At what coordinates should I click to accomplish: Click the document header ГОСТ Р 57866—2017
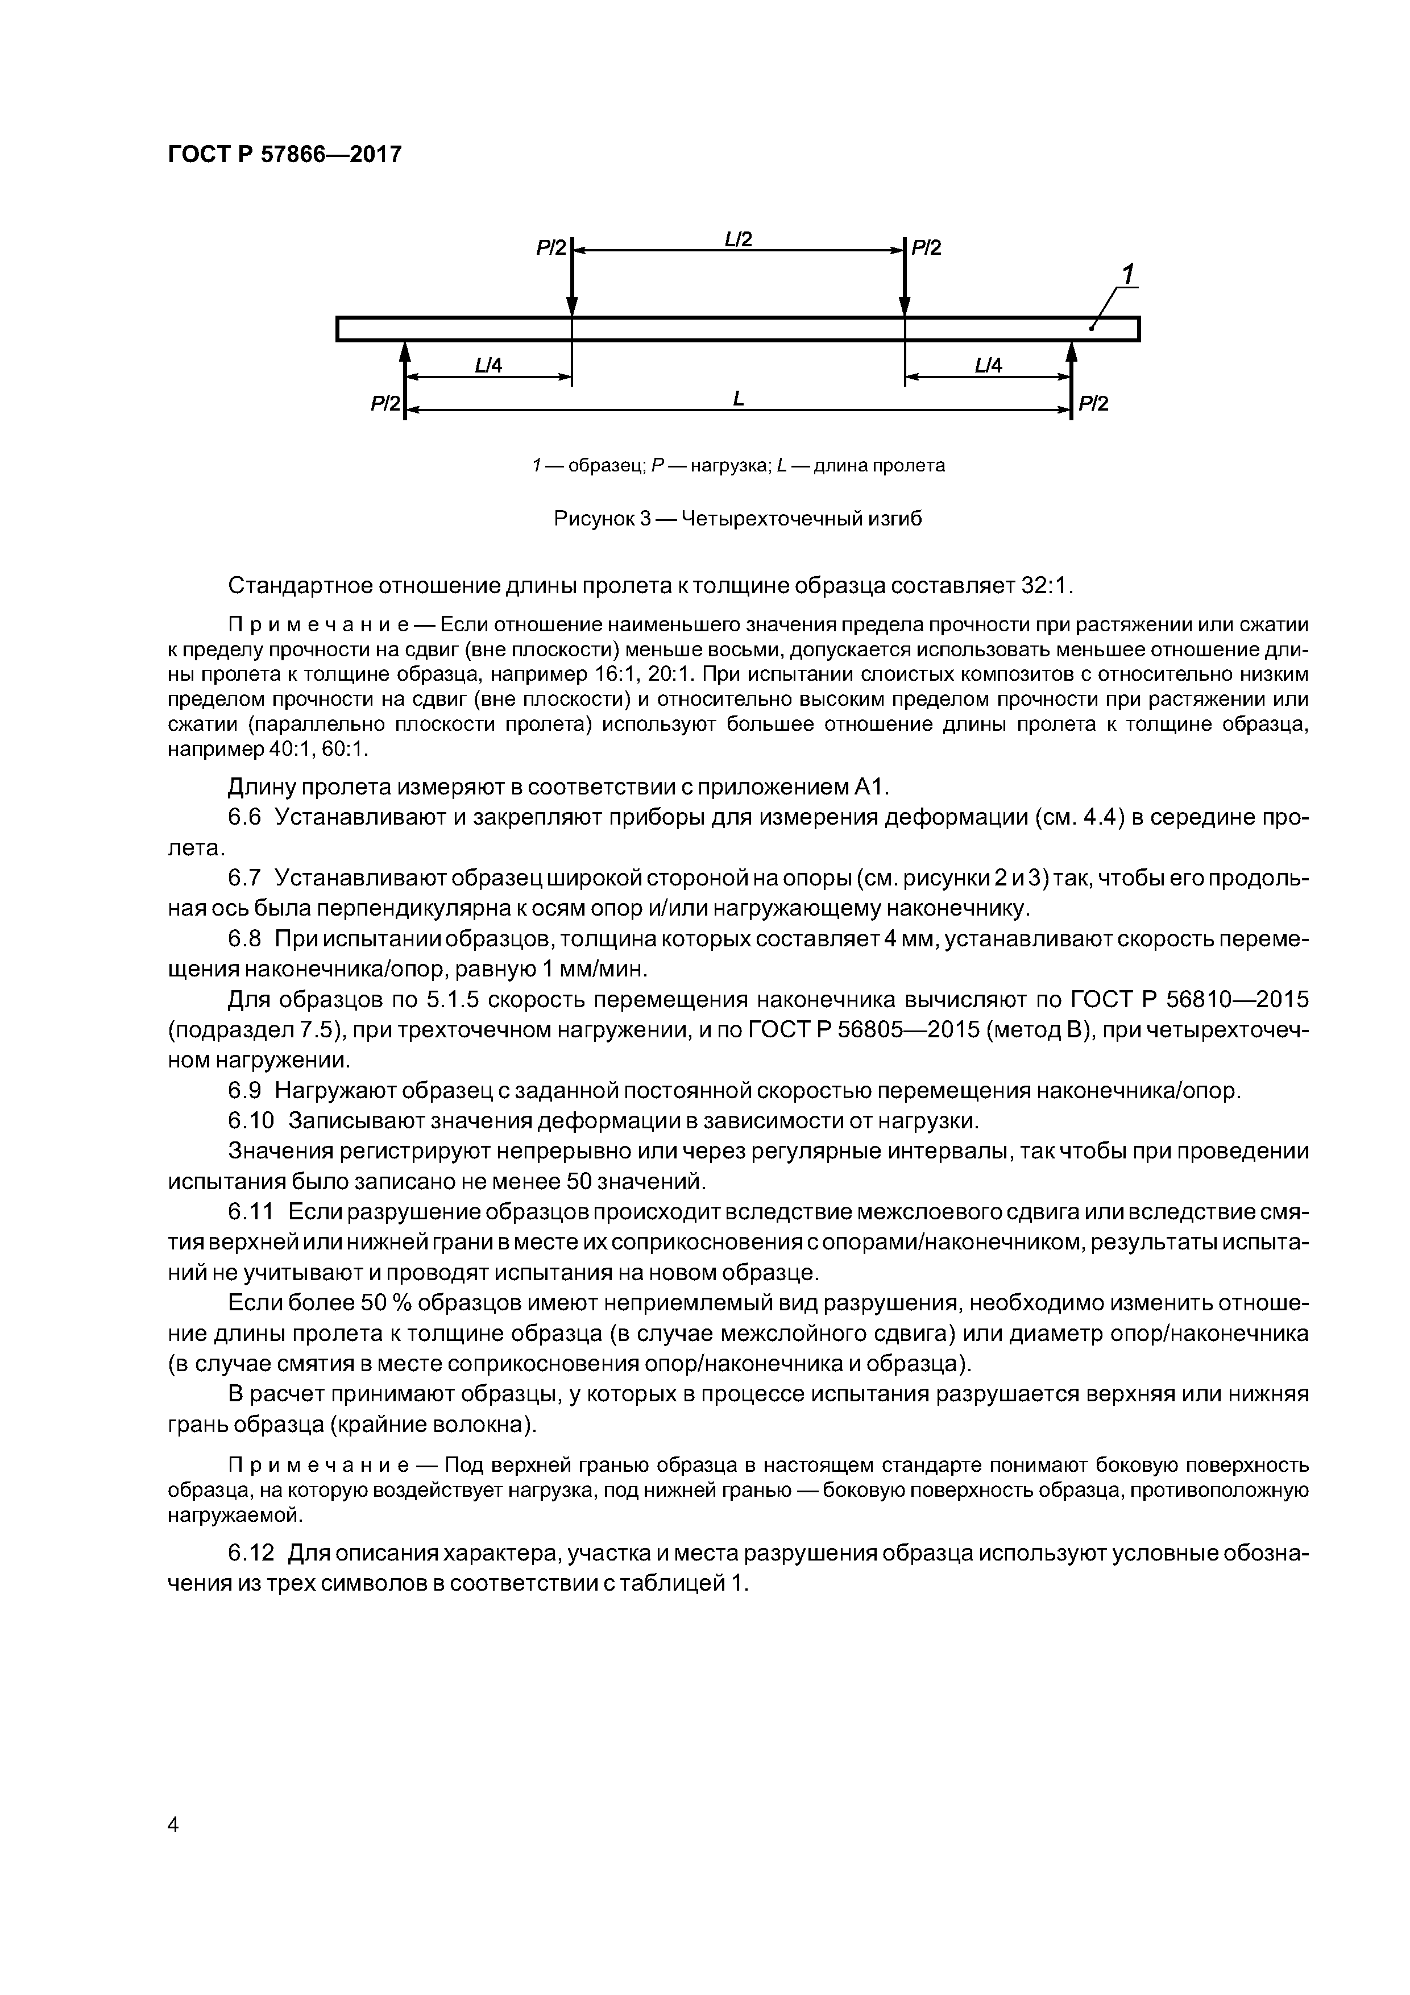click(x=284, y=155)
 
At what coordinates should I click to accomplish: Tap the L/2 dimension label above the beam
click(x=737, y=239)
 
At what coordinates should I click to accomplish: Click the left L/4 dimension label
click(x=488, y=366)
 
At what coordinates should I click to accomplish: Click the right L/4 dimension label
click(x=988, y=366)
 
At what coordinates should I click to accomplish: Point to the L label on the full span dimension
click(x=737, y=399)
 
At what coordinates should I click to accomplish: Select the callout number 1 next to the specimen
click(x=1127, y=275)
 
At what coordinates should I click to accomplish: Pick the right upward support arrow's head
click(x=1071, y=350)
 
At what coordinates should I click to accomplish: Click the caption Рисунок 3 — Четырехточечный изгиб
click(x=737, y=519)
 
